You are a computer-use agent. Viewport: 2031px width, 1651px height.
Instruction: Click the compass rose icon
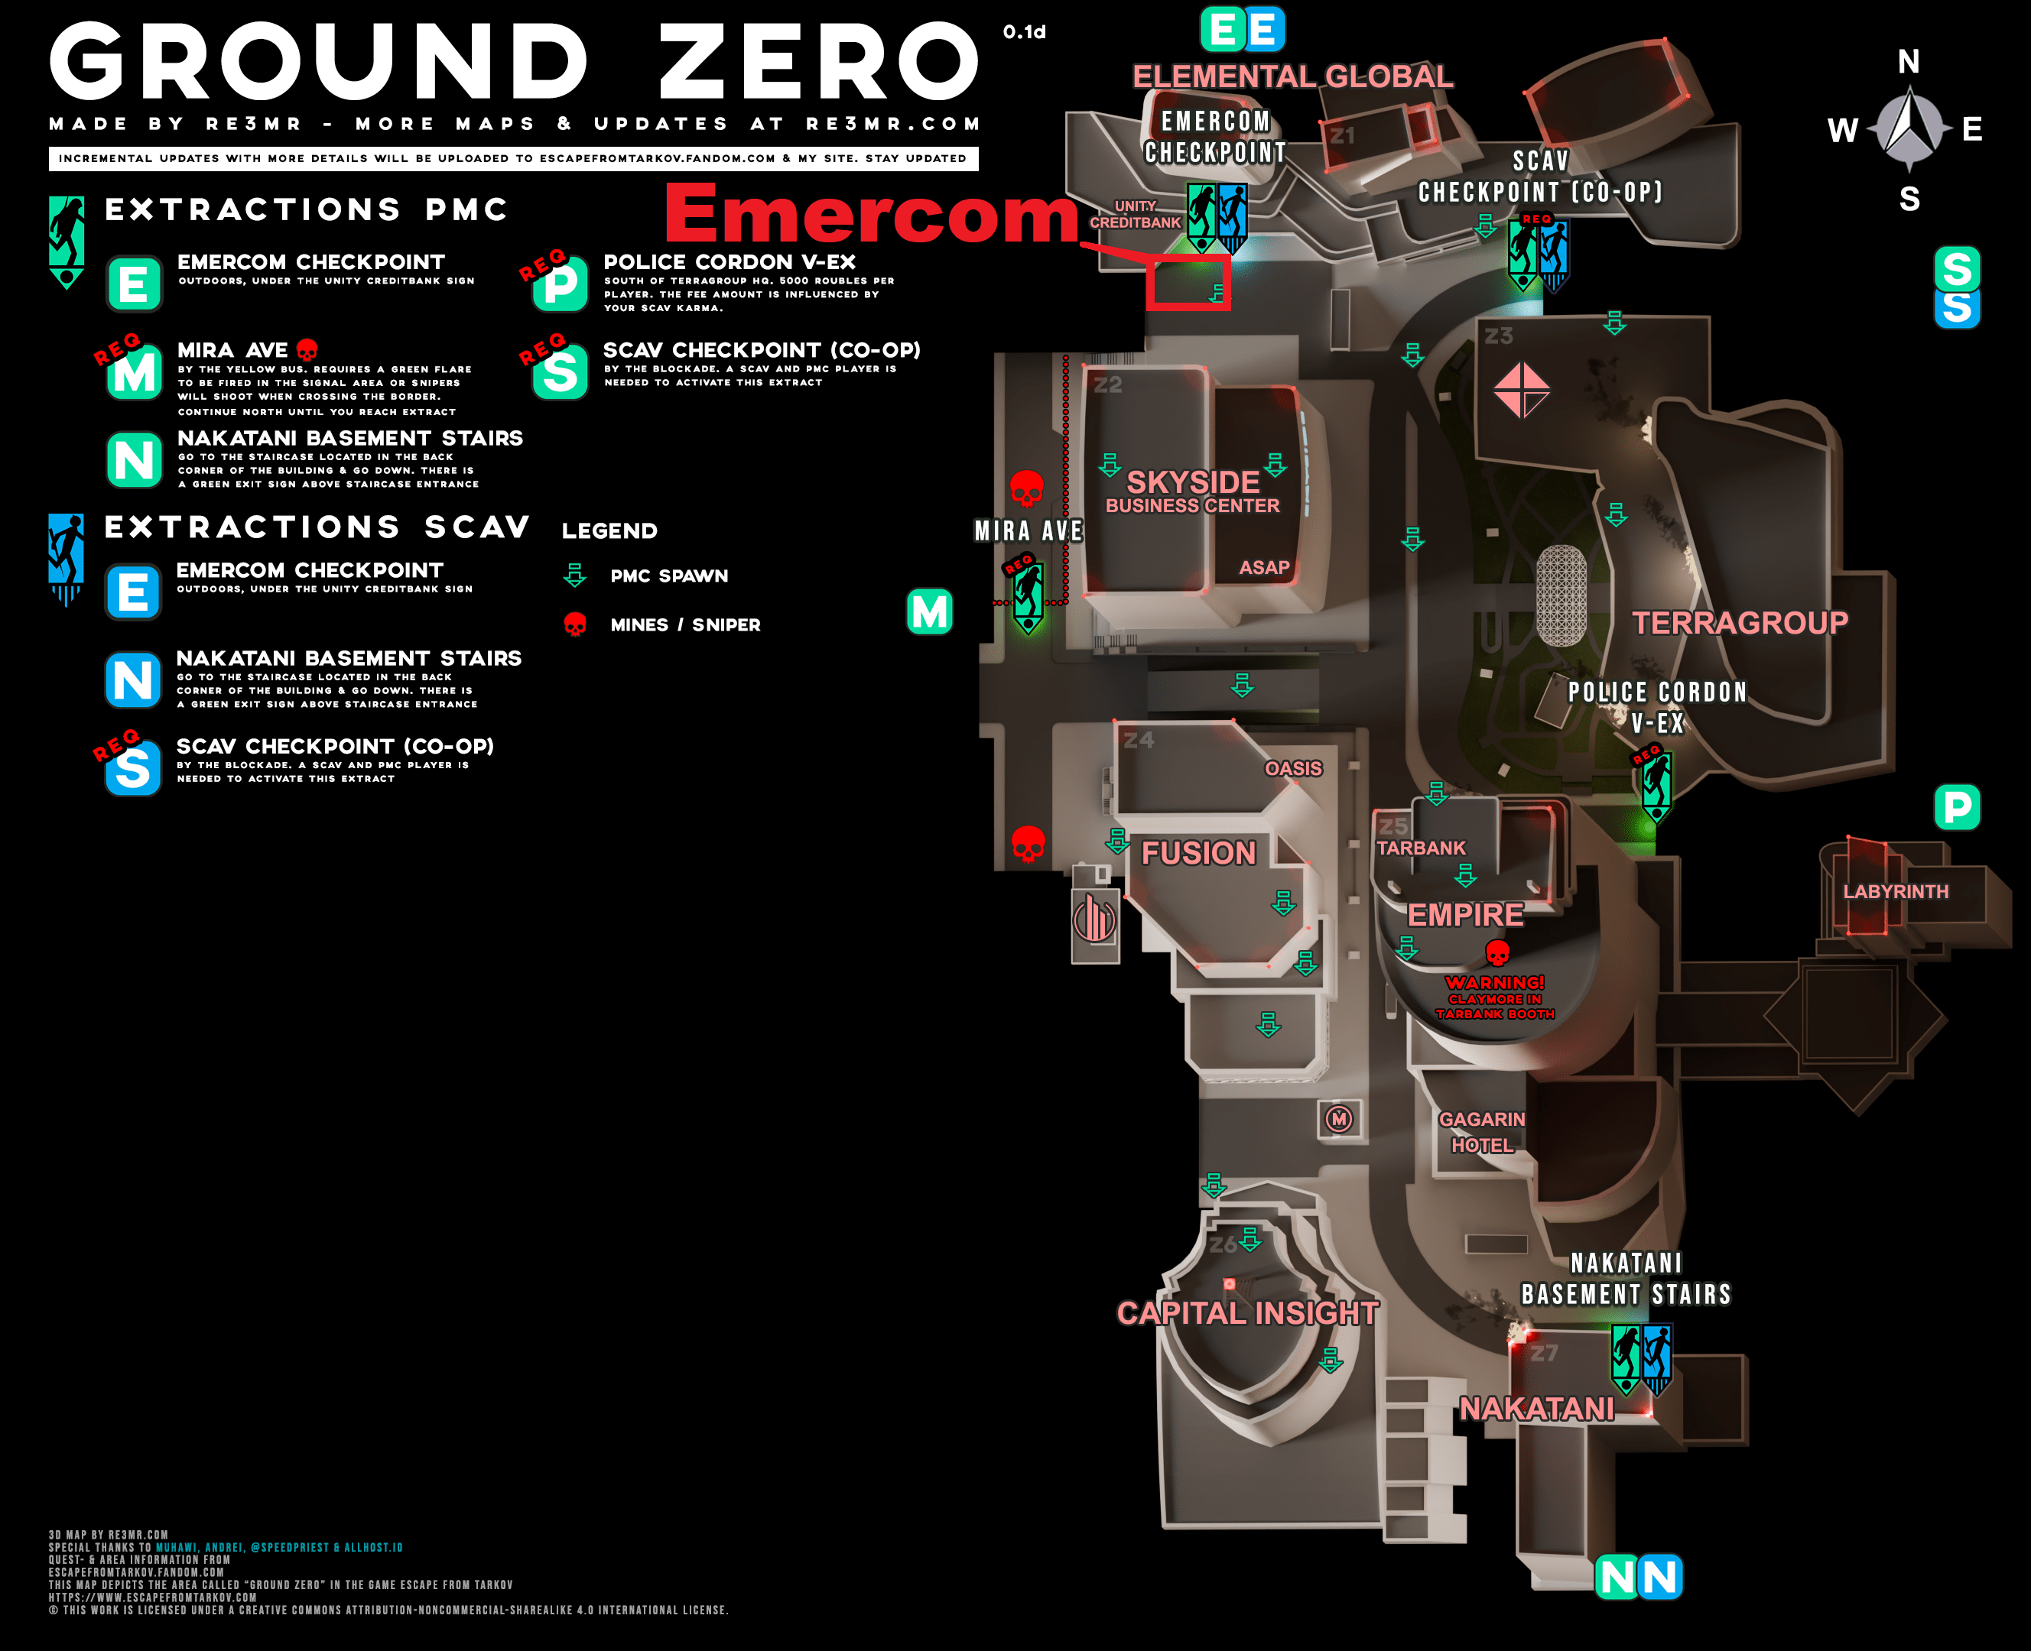[1909, 129]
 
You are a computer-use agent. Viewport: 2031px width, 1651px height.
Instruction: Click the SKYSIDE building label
[1192, 482]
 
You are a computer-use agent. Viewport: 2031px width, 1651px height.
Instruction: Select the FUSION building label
[1198, 853]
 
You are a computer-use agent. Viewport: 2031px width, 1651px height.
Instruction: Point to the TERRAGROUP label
[1740, 623]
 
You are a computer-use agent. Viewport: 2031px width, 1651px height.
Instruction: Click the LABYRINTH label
[1895, 891]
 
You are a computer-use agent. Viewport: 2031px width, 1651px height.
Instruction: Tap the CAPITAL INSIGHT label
[1247, 1312]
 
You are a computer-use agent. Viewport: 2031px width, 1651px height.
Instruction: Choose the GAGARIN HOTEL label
[1481, 1132]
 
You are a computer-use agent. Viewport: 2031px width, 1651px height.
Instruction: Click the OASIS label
[1293, 768]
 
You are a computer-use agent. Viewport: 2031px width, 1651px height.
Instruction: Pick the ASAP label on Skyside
[1263, 568]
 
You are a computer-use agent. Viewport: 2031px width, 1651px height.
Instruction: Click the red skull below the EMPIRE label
[1497, 952]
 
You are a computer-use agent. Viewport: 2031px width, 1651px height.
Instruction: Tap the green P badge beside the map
[1957, 807]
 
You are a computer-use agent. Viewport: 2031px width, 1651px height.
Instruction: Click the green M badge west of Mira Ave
[929, 611]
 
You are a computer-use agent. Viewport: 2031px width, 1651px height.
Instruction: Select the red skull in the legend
[574, 624]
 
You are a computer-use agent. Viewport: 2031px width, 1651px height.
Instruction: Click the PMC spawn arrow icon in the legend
[574, 576]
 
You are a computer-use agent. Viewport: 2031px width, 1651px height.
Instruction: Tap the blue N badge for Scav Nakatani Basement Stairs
[132, 680]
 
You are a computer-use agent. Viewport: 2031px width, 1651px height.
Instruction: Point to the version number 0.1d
[1024, 32]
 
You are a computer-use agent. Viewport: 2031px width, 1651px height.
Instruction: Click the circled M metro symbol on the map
[1340, 1118]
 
